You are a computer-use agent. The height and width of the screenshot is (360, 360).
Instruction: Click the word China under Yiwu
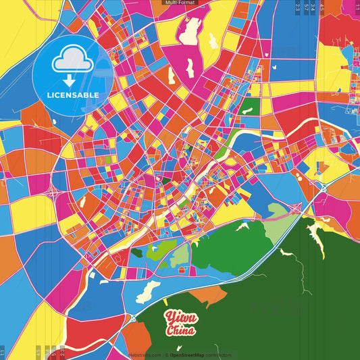(x=182, y=331)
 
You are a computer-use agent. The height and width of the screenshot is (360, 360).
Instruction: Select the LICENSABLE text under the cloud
(x=72, y=95)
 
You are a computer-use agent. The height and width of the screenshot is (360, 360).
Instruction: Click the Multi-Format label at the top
(x=180, y=3)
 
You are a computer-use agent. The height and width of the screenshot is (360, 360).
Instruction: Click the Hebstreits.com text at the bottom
(x=145, y=355)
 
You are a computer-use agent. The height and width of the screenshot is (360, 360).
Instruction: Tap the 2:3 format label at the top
(x=298, y=8)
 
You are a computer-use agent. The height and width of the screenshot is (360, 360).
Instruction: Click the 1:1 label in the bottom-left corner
(x=3, y=353)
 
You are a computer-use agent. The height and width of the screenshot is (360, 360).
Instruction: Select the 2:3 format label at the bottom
(x=62, y=352)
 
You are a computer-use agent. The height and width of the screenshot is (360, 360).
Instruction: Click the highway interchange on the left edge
(x=52, y=191)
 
